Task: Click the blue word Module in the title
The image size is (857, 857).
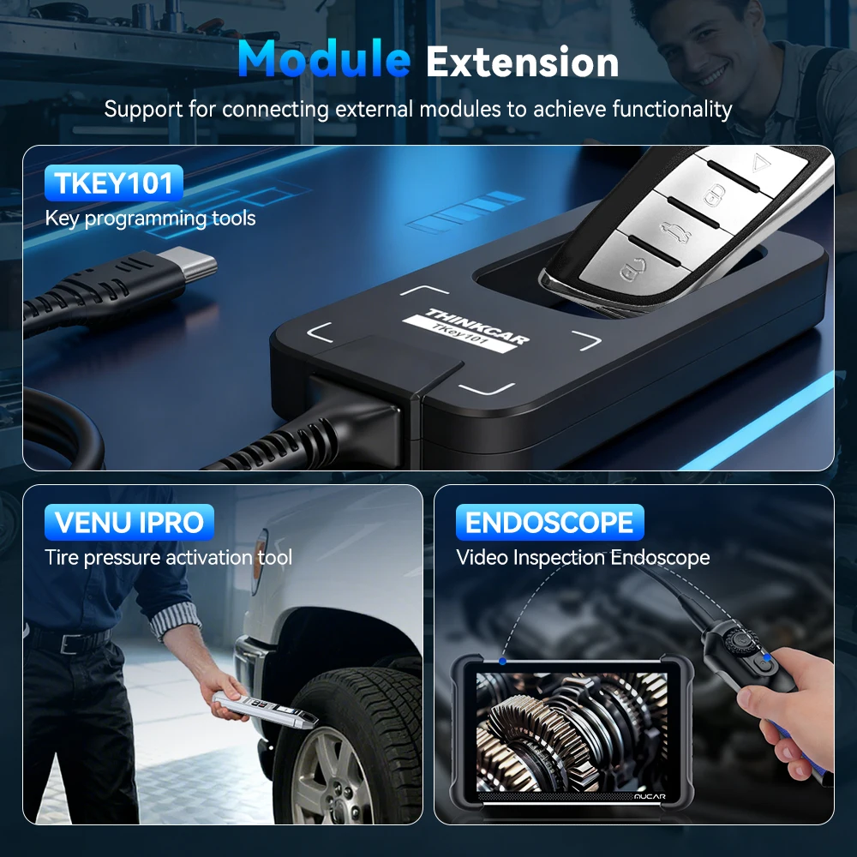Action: (x=324, y=58)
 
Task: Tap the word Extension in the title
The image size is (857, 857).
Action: (x=522, y=62)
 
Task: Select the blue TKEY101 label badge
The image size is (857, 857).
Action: (x=114, y=183)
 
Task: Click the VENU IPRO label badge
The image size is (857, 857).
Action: (x=129, y=522)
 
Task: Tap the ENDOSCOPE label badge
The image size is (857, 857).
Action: (x=549, y=522)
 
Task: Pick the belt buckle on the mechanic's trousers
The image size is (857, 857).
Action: (x=69, y=643)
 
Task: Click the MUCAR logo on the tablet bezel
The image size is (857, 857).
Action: (x=650, y=796)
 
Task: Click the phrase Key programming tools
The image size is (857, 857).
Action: (x=150, y=218)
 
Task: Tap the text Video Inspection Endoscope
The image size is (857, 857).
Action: (x=583, y=558)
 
